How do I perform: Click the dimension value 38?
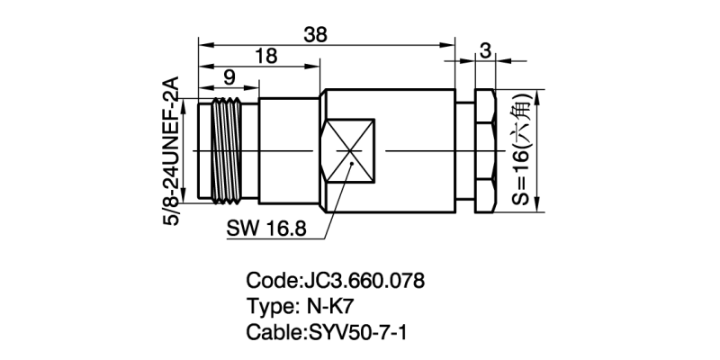pos(316,33)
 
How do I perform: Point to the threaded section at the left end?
pos(220,150)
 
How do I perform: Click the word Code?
pos(268,281)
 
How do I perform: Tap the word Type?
pos(267,306)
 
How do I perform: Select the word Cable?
pos(271,331)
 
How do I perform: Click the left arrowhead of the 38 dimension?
pos(203,42)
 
